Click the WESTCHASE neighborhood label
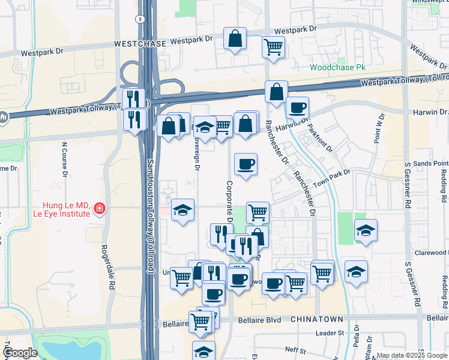pos(139,44)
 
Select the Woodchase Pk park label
pos(338,67)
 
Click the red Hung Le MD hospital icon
pos(98,209)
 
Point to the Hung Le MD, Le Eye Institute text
pos(66,209)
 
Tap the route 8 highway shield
pos(140,20)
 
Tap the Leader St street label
pos(330,332)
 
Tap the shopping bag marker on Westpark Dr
pos(235,39)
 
